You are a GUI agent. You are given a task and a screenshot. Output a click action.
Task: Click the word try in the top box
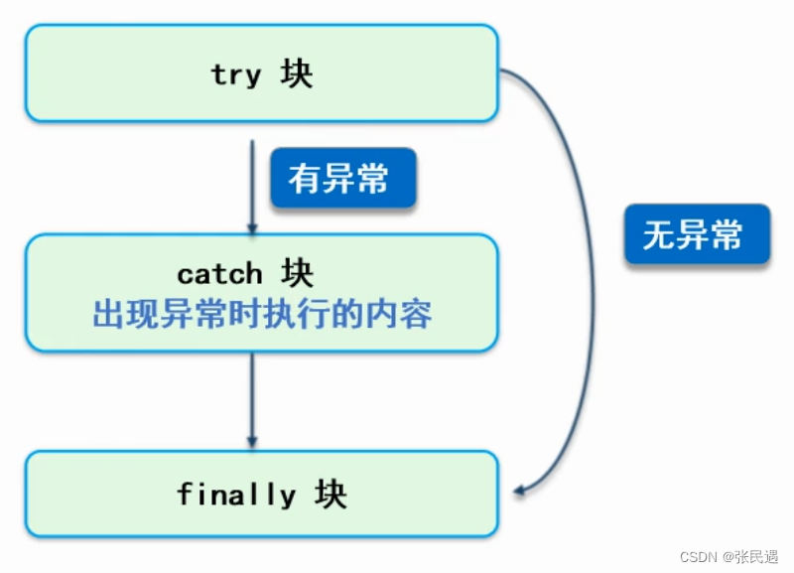coord(235,75)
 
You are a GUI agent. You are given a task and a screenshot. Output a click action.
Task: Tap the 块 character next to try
coord(296,74)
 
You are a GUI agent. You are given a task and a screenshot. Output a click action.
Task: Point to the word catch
coord(219,273)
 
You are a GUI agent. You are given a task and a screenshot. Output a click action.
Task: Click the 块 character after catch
coord(296,273)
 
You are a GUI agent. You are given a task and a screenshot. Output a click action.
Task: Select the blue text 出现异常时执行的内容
coord(262,315)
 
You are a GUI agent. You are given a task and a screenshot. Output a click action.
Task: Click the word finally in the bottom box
coord(236,494)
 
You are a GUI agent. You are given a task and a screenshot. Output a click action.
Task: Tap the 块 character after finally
coord(331,494)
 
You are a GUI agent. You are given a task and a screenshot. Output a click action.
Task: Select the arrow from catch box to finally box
coord(252,397)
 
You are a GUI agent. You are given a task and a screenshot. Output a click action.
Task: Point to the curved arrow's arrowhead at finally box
coord(518,489)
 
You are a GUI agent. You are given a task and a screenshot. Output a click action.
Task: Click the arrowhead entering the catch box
coord(252,227)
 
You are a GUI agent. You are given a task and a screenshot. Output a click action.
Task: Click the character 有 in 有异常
coord(304,180)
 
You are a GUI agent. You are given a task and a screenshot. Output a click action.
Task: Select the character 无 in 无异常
coord(658,235)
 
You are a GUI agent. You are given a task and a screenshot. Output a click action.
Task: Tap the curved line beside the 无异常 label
coord(593,298)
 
